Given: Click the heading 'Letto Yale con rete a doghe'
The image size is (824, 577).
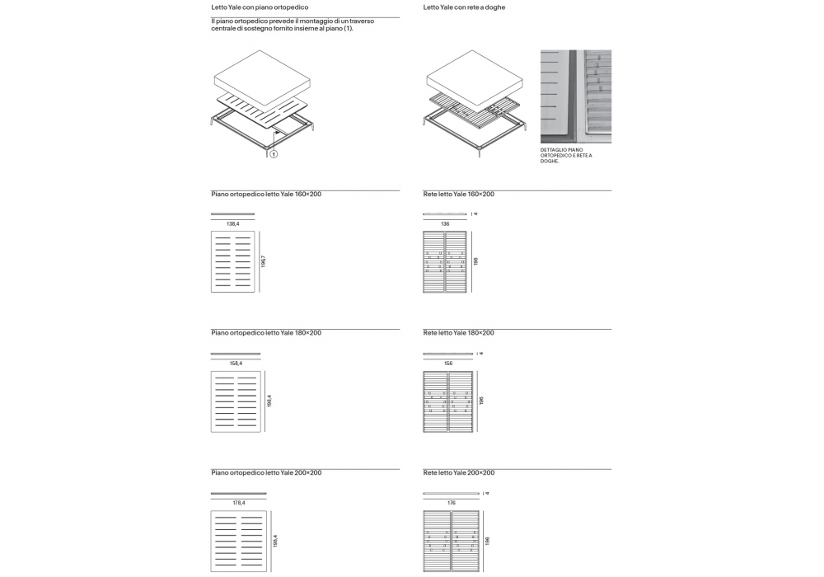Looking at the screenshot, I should (x=464, y=7).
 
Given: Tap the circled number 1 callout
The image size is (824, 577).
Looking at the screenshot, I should (x=274, y=153).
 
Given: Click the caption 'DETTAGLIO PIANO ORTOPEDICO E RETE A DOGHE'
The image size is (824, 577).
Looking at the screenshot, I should (x=566, y=155).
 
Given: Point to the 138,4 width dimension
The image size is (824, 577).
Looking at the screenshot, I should (x=232, y=223).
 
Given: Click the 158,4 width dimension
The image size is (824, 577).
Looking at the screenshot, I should (x=235, y=363).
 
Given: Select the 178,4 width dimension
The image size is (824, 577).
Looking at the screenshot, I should (x=238, y=502).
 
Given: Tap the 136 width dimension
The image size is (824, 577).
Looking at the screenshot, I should (x=445, y=223).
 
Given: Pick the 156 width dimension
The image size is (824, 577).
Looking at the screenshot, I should (x=448, y=363).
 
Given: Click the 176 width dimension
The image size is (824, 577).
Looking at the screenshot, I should (x=451, y=502).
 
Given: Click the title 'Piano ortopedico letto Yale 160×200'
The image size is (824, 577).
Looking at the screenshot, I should (x=266, y=194).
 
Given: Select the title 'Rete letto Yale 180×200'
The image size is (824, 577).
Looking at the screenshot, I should (x=458, y=333).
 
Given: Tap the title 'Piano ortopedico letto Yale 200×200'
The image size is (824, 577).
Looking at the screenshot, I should (x=266, y=472).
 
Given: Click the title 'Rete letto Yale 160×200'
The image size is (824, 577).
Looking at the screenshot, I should (x=458, y=194).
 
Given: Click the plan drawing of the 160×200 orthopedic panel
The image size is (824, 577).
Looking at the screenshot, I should (x=232, y=261).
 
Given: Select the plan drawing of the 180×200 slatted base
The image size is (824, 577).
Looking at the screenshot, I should (x=448, y=401).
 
